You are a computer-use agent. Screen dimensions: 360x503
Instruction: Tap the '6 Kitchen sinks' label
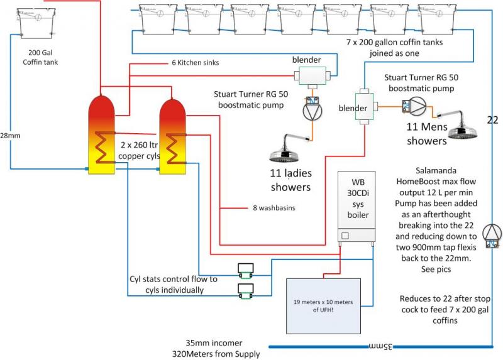pyautogui.click(x=195, y=63)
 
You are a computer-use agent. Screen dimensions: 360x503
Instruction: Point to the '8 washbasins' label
pyautogui.click(x=267, y=207)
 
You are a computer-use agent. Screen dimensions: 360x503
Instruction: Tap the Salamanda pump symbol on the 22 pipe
pyautogui.click(x=492, y=234)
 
